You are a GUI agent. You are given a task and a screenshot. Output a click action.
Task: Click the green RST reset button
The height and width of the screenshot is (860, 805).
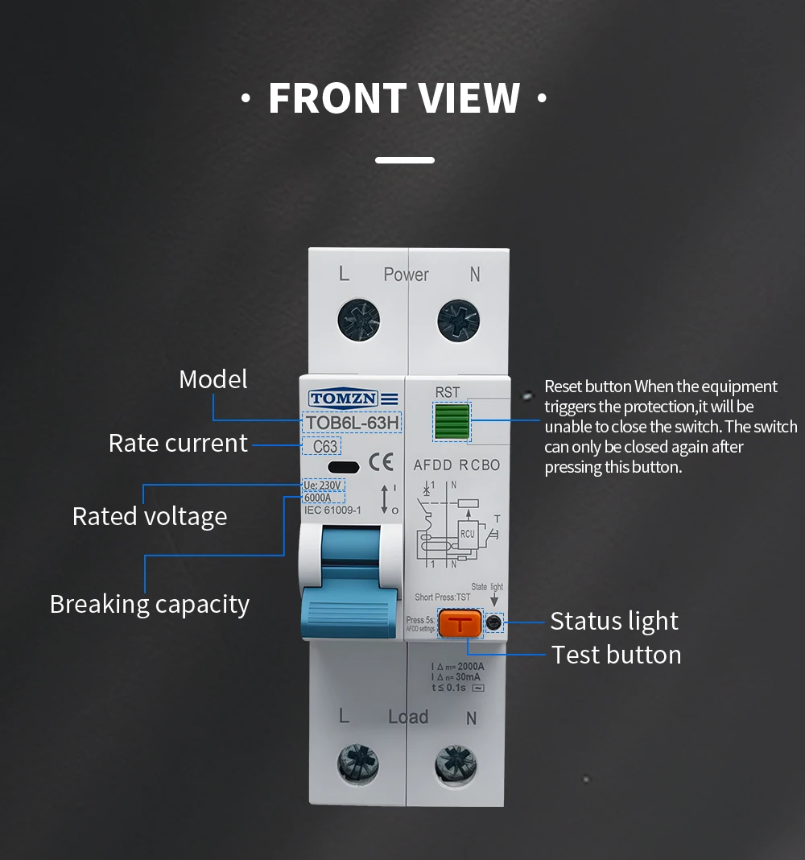[x=451, y=421]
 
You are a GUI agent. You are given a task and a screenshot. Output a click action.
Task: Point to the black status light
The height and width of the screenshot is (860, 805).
[x=494, y=622]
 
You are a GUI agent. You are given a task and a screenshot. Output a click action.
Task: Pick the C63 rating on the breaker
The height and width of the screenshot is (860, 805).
[x=324, y=447]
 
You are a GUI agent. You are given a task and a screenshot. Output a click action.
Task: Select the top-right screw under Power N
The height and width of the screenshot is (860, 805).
[x=458, y=320]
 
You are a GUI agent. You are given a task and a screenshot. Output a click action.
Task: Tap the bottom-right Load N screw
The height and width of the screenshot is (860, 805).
[x=456, y=764]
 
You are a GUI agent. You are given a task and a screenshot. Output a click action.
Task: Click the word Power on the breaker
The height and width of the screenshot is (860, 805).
[x=406, y=275]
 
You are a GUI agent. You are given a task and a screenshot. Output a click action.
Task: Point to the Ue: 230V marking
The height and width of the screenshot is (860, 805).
[x=324, y=486]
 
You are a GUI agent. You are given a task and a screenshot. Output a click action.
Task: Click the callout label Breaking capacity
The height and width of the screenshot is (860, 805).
[x=150, y=604]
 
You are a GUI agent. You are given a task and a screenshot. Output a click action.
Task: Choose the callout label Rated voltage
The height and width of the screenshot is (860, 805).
[x=150, y=516]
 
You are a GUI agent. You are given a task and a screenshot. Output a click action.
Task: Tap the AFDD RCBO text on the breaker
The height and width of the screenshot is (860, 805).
[x=456, y=465]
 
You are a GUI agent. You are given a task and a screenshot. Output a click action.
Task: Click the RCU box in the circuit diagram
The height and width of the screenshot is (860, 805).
[x=467, y=532]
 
